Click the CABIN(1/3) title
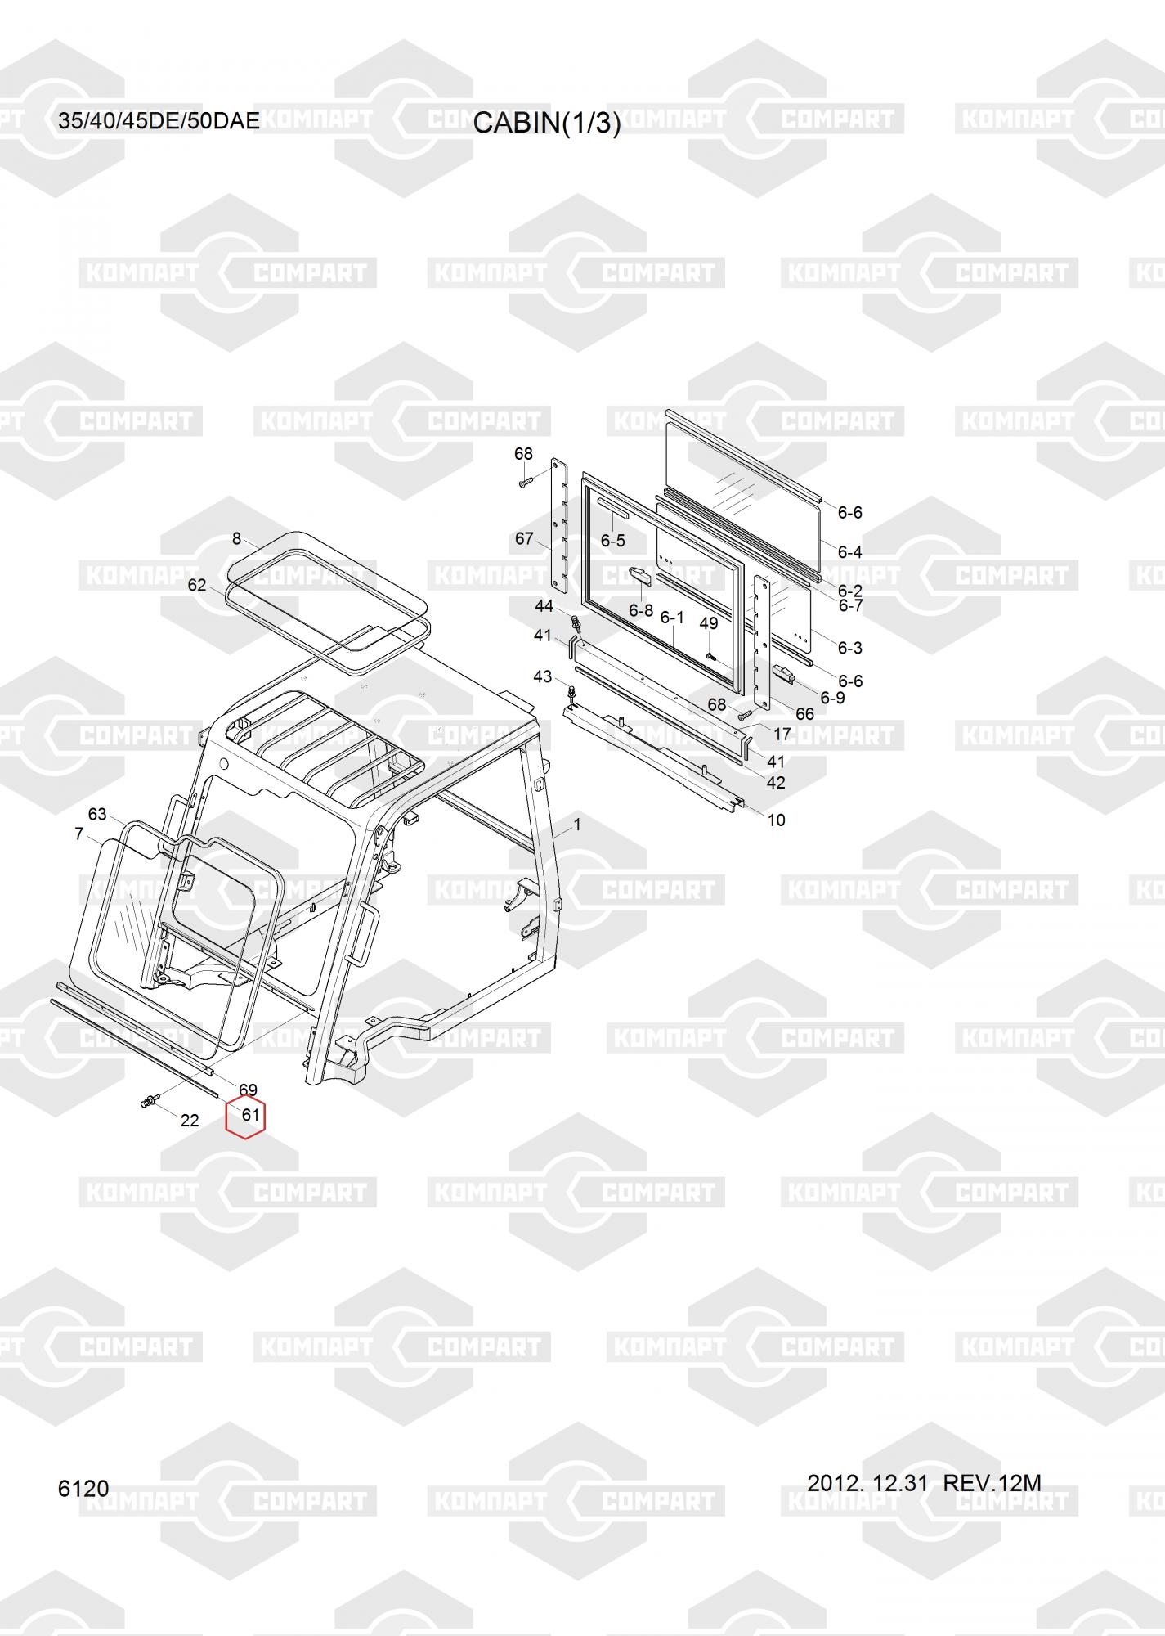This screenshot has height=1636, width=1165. pyautogui.click(x=547, y=123)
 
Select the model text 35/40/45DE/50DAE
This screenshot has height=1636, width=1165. pyautogui.click(x=159, y=121)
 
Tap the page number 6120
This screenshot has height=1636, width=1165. pyautogui.click(x=83, y=1488)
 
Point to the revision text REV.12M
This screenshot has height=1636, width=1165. pyautogui.click(x=992, y=1482)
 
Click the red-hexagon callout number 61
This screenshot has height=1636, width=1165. pyautogui.click(x=249, y=1114)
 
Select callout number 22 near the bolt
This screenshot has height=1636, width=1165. pyautogui.click(x=190, y=1121)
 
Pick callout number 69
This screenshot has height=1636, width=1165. pyautogui.click(x=248, y=1090)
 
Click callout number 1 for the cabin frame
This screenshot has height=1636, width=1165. pyautogui.click(x=577, y=825)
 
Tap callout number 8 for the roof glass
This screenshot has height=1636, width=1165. pyautogui.click(x=237, y=538)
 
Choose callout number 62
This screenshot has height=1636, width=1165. pyautogui.click(x=197, y=585)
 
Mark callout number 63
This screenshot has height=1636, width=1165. pyautogui.click(x=97, y=814)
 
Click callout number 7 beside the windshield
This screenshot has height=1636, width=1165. pyautogui.click(x=78, y=834)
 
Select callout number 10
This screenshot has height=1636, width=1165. pyautogui.click(x=776, y=820)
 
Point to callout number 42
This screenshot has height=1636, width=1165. pyautogui.click(x=776, y=783)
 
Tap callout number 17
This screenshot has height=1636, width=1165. pyautogui.click(x=782, y=735)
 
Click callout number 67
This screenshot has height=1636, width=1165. pyautogui.click(x=524, y=538)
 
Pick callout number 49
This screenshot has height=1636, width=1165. pyautogui.click(x=709, y=623)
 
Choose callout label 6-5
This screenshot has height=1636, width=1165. pyautogui.click(x=612, y=541)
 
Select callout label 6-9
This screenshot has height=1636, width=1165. pyautogui.click(x=832, y=698)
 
